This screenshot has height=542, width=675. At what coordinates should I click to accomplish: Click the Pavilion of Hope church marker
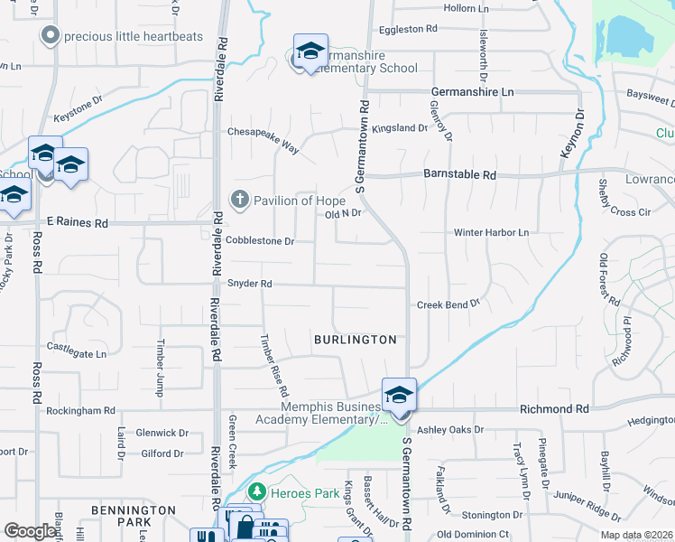(239, 200)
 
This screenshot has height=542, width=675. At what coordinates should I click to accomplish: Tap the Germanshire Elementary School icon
(310, 52)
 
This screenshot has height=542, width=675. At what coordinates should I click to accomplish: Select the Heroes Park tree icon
(257, 491)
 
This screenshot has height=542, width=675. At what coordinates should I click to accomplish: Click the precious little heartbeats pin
(50, 35)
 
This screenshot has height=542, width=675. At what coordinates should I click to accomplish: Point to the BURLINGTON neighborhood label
(355, 340)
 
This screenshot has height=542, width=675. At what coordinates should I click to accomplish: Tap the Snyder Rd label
(249, 284)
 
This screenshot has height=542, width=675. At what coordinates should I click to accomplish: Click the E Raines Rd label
(77, 222)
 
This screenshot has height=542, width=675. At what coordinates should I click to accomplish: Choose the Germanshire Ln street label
(472, 92)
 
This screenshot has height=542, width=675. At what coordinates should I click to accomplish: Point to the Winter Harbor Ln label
(491, 233)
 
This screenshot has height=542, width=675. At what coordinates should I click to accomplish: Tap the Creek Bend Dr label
(448, 305)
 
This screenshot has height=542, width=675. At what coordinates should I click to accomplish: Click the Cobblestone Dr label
(260, 241)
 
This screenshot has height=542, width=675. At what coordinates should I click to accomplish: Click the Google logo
(31, 531)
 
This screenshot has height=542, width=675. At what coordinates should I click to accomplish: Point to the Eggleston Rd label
(407, 29)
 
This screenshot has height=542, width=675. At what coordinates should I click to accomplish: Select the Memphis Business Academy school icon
(399, 395)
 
